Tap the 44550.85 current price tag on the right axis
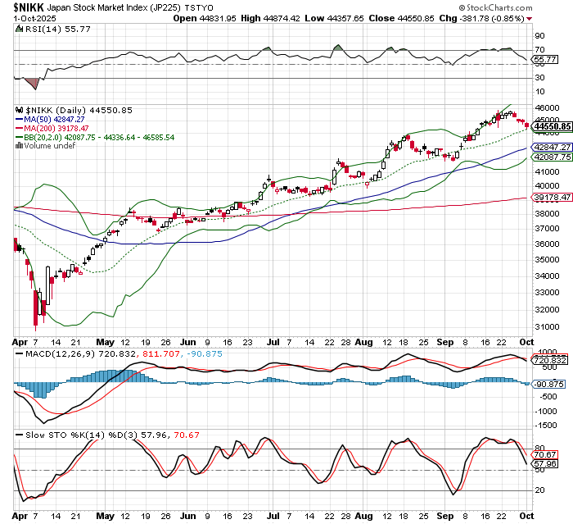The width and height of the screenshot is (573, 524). click(550, 126)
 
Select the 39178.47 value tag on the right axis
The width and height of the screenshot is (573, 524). click(550, 198)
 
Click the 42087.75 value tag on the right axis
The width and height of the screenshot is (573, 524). click(550, 156)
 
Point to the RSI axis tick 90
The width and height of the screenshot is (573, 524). click(539, 36)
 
